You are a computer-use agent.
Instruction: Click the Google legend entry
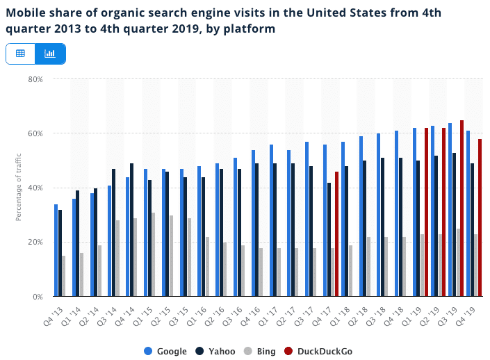click(x=165, y=351)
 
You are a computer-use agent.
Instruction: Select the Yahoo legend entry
click(x=215, y=351)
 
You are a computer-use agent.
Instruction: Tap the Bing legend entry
click(x=262, y=351)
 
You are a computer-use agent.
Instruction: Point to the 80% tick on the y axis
click(x=35, y=79)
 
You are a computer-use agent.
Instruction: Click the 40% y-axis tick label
click(x=35, y=188)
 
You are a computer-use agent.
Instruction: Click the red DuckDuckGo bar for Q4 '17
click(x=337, y=234)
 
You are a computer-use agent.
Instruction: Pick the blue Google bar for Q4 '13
click(x=56, y=250)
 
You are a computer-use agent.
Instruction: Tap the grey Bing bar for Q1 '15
click(x=154, y=254)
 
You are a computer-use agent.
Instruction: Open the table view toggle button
click(x=21, y=54)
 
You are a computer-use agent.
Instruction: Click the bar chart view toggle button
click(x=50, y=54)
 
